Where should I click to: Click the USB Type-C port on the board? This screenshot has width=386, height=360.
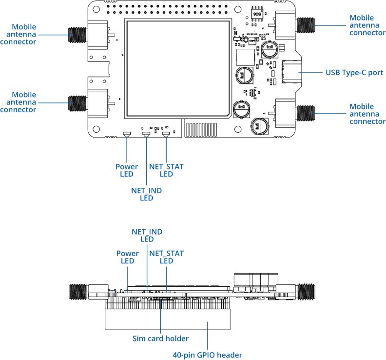(291, 72)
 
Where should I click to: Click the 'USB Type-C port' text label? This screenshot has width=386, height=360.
(354, 73)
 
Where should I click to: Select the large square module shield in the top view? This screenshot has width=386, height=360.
(178, 69)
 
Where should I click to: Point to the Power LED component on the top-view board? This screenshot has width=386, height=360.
(126, 134)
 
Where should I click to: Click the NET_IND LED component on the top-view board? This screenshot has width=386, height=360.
(146, 134)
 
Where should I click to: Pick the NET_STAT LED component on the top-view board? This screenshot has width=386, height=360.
(166, 134)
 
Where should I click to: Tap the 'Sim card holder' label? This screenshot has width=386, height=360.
(160, 338)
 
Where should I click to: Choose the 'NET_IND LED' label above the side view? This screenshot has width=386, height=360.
(147, 235)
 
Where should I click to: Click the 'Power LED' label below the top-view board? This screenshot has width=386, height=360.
(126, 170)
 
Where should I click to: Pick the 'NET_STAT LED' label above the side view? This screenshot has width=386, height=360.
(167, 257)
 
